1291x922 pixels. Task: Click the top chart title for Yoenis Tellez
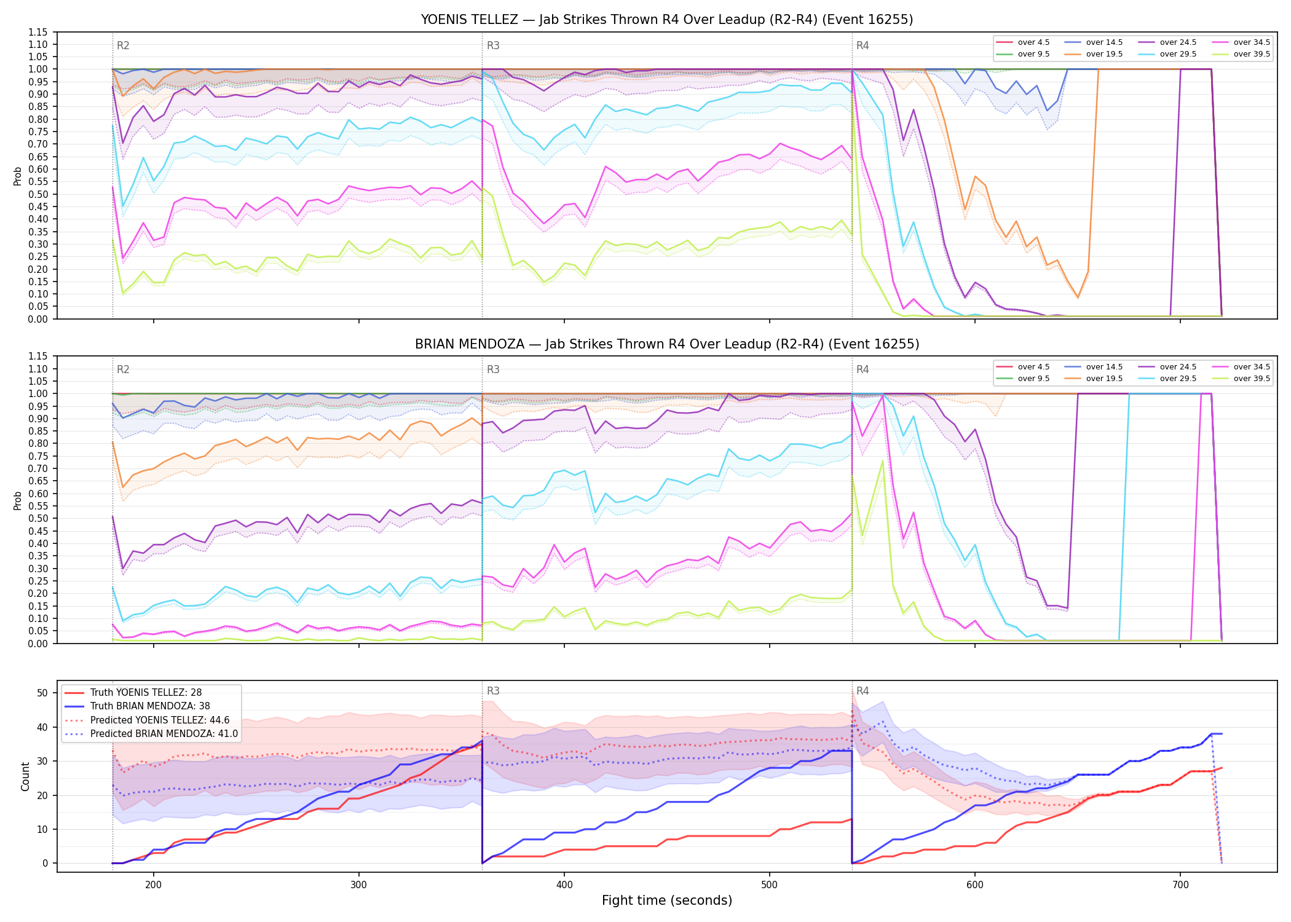coord(667,20)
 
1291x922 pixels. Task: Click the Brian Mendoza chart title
coord(667,344)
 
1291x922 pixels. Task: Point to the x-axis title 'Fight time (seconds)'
coord(667,900)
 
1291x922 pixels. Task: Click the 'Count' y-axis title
coord(25,776)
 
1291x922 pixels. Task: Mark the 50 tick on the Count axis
coord(42,693)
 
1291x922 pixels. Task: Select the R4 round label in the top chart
coord(863,45)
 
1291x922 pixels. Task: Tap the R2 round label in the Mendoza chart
coord(123,369)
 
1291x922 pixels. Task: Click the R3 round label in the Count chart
coord(493,691)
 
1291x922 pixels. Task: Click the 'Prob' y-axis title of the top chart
coord(18,176)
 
